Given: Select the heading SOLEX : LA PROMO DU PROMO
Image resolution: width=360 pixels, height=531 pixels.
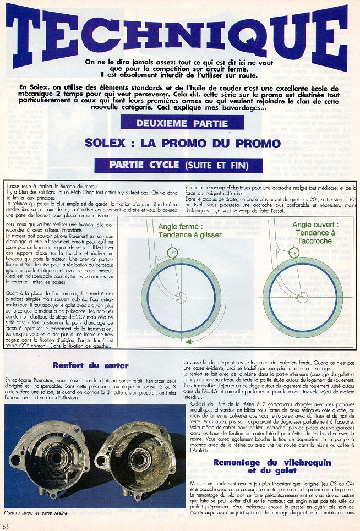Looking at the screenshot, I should click(183, 143).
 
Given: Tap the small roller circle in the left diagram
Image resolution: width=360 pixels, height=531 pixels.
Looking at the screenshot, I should click(171, 252).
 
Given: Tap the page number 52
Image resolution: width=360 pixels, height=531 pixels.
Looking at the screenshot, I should click(6, 525).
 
